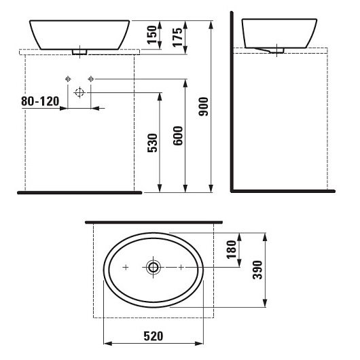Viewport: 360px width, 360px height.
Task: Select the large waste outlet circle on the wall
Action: point(79,92)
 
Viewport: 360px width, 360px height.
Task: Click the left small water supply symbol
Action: point(68,79)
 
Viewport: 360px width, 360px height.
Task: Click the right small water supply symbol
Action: point(91,79)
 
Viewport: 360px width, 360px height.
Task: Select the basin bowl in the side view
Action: point(274,33)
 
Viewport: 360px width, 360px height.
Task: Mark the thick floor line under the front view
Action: point(78,193)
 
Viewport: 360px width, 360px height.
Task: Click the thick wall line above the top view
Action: point(153,221)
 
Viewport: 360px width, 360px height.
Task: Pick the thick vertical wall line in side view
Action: point(232,102)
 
